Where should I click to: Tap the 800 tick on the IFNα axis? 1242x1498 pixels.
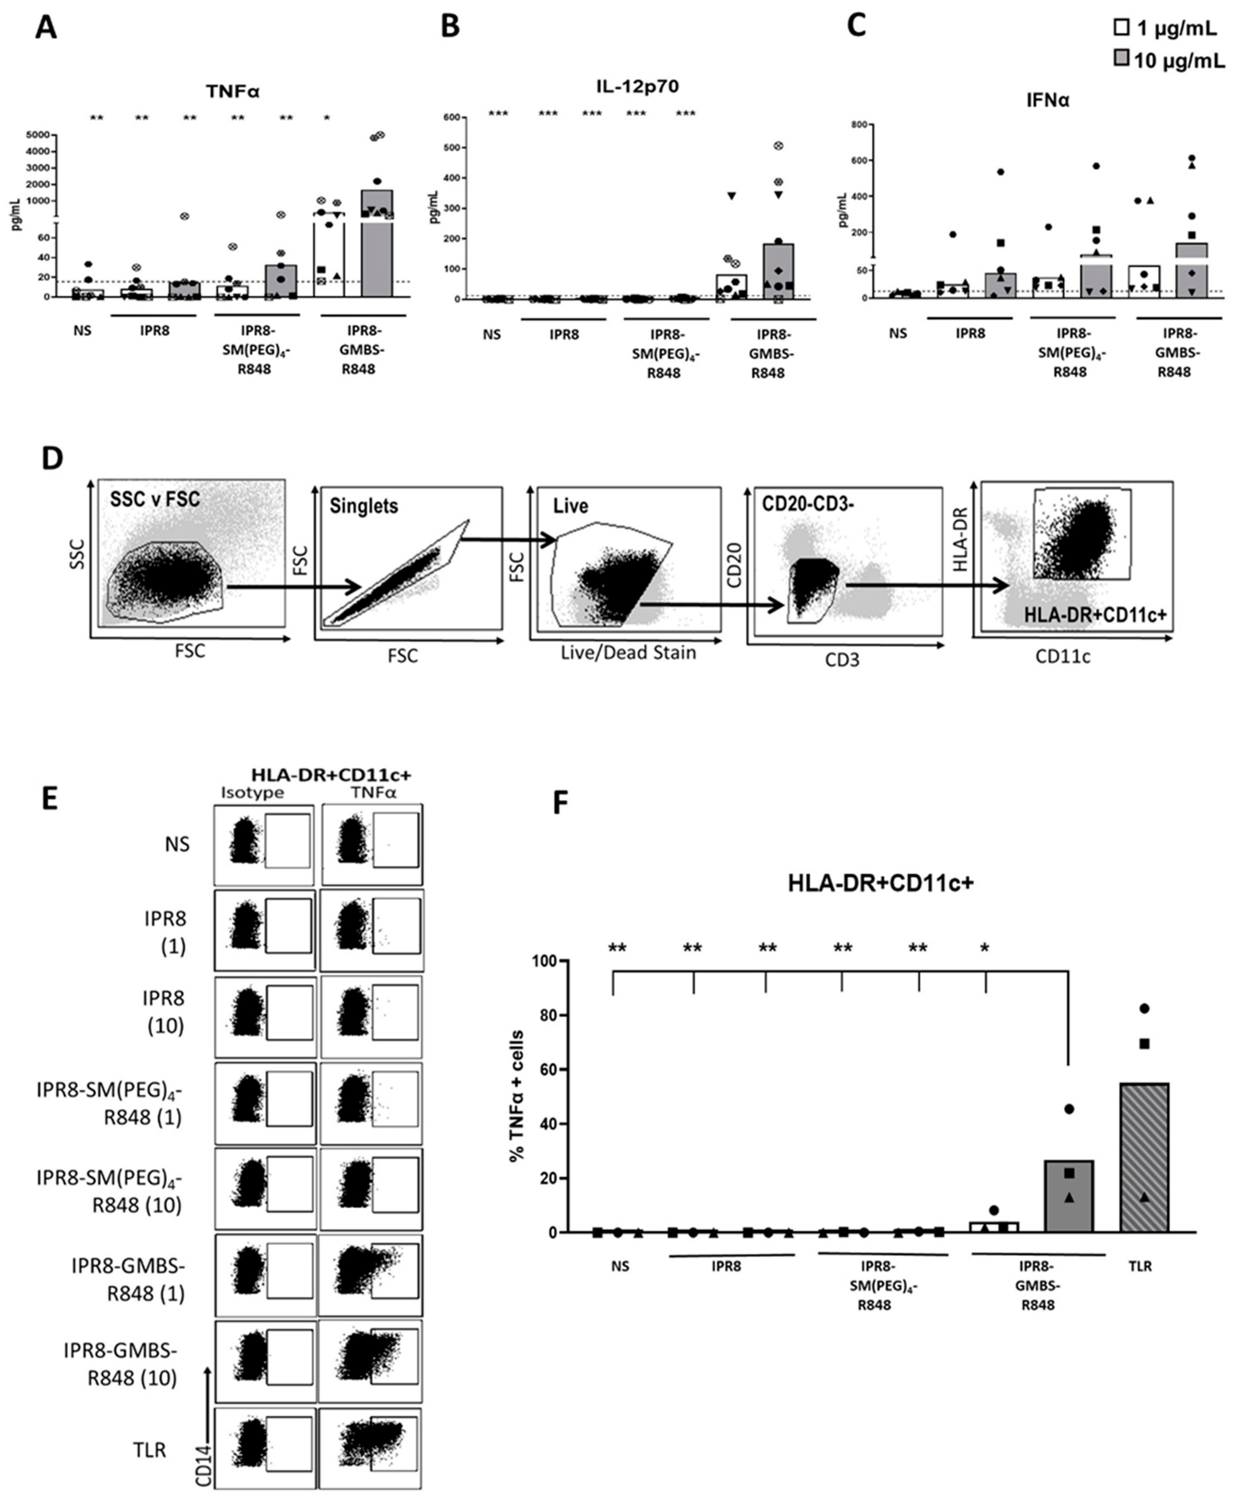click(858, 125)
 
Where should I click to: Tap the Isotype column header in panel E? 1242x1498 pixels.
click(252, 793)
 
